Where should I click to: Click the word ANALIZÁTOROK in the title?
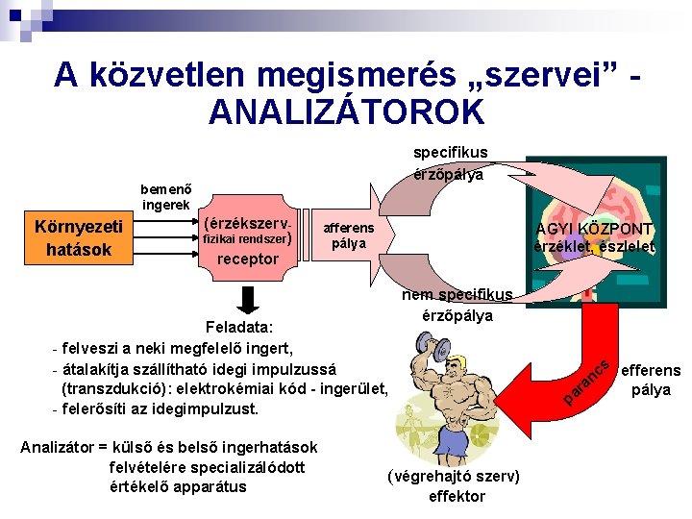coord(346,111)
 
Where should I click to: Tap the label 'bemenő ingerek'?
coord(164,197)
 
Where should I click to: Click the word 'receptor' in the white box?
coord(248,259)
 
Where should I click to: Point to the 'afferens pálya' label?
coord(349,235)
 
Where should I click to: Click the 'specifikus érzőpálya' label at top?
coord(450,163)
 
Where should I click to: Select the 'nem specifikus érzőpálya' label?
coord(457,305)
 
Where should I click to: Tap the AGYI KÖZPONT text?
coord(595,230)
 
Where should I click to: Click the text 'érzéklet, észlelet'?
coord(594,247)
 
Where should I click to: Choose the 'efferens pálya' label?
coord(651,380)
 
